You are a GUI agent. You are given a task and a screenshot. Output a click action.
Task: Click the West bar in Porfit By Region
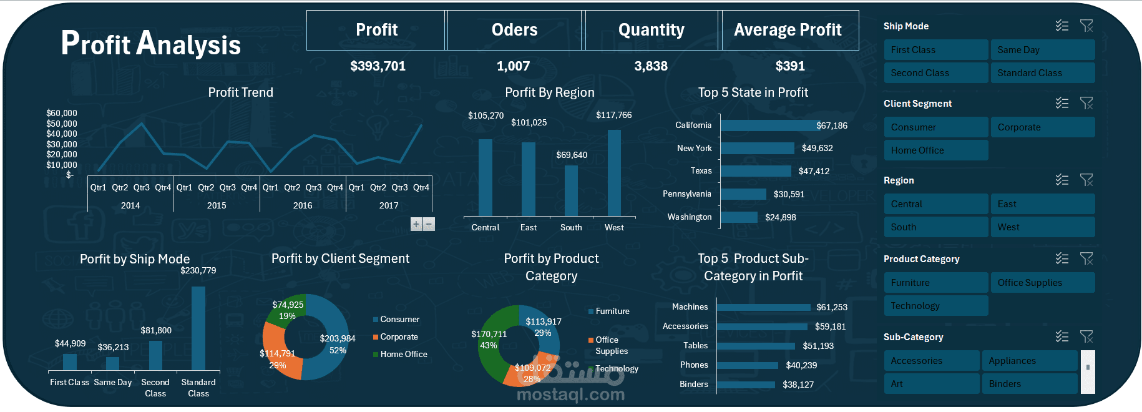coord(614,173)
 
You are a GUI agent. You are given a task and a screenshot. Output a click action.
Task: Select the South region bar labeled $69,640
coord(571,190)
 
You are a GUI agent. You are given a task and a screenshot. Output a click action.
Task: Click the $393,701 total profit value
coord(378,66)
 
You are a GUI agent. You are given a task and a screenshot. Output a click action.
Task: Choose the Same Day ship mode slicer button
coord(1042,50)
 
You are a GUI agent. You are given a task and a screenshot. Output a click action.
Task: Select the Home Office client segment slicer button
coord(935,150)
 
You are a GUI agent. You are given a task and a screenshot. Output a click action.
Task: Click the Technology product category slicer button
coord(935,306)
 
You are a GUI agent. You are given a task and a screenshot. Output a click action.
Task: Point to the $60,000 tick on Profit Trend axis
coord(62,113)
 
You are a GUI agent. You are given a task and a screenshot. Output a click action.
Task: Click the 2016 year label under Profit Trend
coord(303,205)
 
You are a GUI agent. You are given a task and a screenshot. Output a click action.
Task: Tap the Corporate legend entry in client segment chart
coord(399,337)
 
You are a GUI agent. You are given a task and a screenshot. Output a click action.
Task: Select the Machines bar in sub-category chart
coord(764,307)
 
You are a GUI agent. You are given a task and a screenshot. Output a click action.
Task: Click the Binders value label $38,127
coord(798,385)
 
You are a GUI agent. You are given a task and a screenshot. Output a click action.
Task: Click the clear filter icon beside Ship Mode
coord(1086,26)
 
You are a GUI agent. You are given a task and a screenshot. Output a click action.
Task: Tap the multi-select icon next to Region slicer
coord(1061,180)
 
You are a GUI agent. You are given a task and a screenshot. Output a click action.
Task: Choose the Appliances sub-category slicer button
coord(1029,361)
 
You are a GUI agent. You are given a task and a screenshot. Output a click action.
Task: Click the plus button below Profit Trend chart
coord(416,224)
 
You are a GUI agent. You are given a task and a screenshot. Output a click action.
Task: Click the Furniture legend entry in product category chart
coord(612,311)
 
